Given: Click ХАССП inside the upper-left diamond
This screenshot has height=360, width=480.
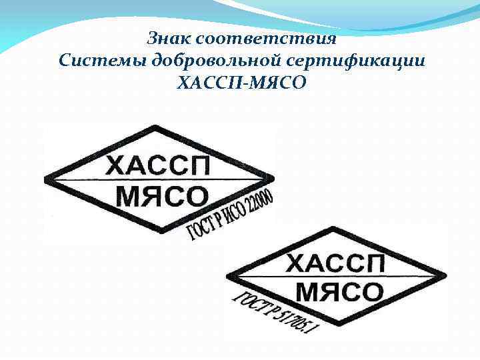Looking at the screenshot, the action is click(x=158, y=165).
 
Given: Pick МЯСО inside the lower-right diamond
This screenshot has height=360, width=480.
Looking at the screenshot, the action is click(x=339, y=291).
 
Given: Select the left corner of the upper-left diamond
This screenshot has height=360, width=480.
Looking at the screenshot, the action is click(x=45, y=179).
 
